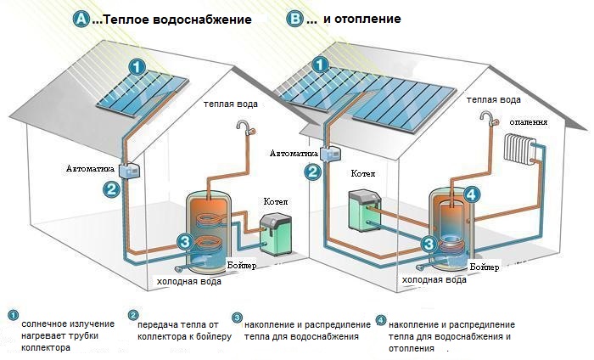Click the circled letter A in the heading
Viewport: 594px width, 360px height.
pos(81,18)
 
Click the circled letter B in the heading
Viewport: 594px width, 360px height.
pos(294,18)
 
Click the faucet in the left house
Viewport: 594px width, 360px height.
pos(244,128)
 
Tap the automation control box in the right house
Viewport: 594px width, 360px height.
pos(328,153)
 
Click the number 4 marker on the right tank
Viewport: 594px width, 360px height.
pos(472,194)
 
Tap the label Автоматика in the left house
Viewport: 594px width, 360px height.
pos(90,169)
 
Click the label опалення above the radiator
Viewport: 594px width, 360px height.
pos(529,121)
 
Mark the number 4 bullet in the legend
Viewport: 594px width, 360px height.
pos(380,320)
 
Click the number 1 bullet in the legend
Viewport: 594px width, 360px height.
pos(12,315)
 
